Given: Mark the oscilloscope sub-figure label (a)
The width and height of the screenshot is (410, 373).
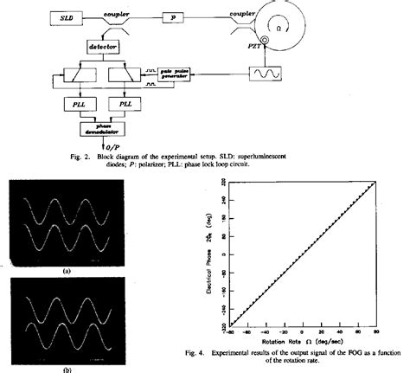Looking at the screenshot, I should click(x=66, y=271).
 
